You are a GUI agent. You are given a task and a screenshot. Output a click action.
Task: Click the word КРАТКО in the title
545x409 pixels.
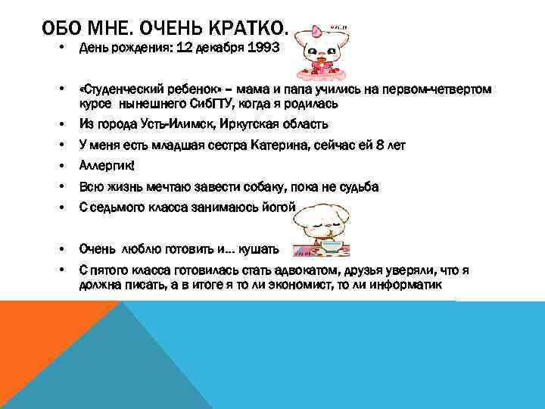(246, 29)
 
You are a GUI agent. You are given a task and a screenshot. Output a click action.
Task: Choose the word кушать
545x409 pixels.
(258, 248)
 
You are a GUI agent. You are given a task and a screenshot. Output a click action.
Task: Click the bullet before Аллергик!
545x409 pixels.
(61, 166)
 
